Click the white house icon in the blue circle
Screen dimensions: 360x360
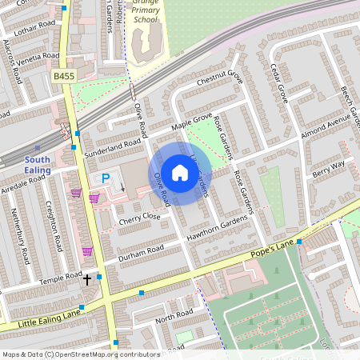coord(180,173)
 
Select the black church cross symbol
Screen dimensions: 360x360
coord(88,279)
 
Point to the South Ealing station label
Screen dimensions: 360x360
coord(37,165)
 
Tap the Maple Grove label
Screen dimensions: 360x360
coord(192,123)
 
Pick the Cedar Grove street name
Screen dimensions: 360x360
coord(278,82)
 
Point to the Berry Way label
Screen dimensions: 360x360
coord(328,168)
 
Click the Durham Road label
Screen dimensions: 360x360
coord(140,252)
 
